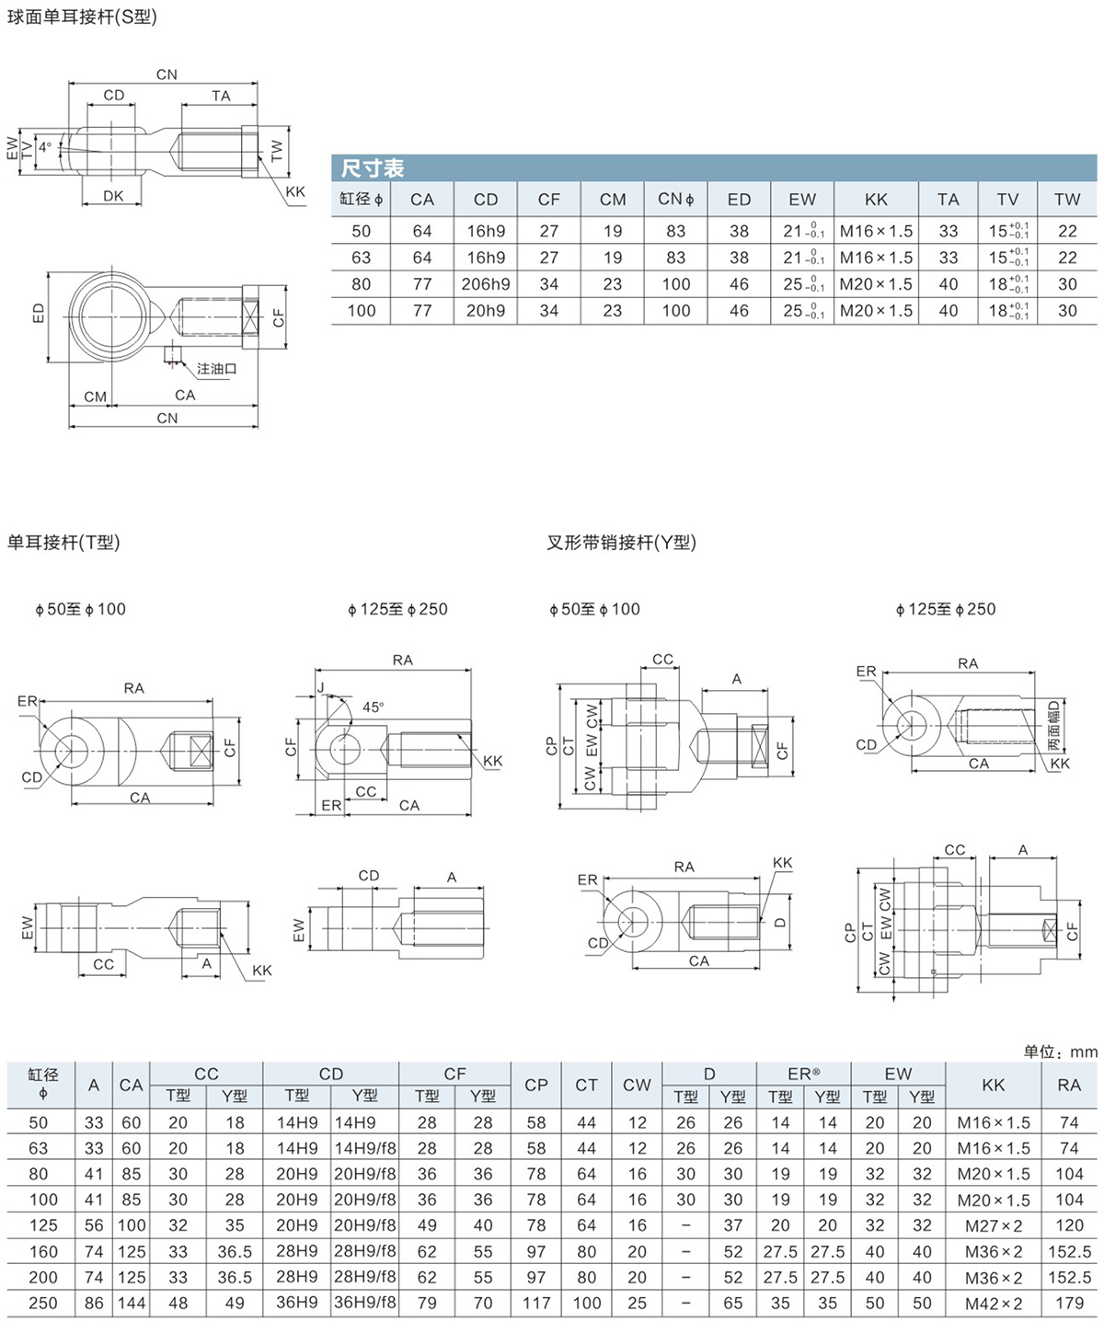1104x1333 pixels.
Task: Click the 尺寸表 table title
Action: (372, 168)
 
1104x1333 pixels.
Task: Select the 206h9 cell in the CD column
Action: (485, 284)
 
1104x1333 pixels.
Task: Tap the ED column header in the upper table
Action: (739, 200)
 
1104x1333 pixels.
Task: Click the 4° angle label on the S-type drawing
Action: (45, 147)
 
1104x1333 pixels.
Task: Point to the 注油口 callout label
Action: (216, 368)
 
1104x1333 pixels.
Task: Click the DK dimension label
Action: (113, 196)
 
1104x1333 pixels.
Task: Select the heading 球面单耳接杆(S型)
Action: (82, 17)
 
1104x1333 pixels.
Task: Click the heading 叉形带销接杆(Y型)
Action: (621, 543)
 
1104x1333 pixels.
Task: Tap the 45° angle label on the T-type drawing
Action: (373, 707)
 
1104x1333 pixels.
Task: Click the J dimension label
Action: (320, 687)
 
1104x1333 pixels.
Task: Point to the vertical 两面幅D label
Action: (1053, 725)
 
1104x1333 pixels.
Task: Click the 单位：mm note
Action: (1061, 1051)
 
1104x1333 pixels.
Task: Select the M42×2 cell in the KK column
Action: (994, 1303)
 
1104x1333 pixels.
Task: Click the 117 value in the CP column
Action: (536, 1303)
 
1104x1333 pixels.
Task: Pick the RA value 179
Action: (1070, 1303)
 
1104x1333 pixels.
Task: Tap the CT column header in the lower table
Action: (586, 1085)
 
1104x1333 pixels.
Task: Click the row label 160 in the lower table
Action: (43, 1251)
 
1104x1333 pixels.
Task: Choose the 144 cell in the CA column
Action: (132, 1303)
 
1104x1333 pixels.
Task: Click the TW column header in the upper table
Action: (1067, 200)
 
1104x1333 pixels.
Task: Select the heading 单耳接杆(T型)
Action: (63, 543)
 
